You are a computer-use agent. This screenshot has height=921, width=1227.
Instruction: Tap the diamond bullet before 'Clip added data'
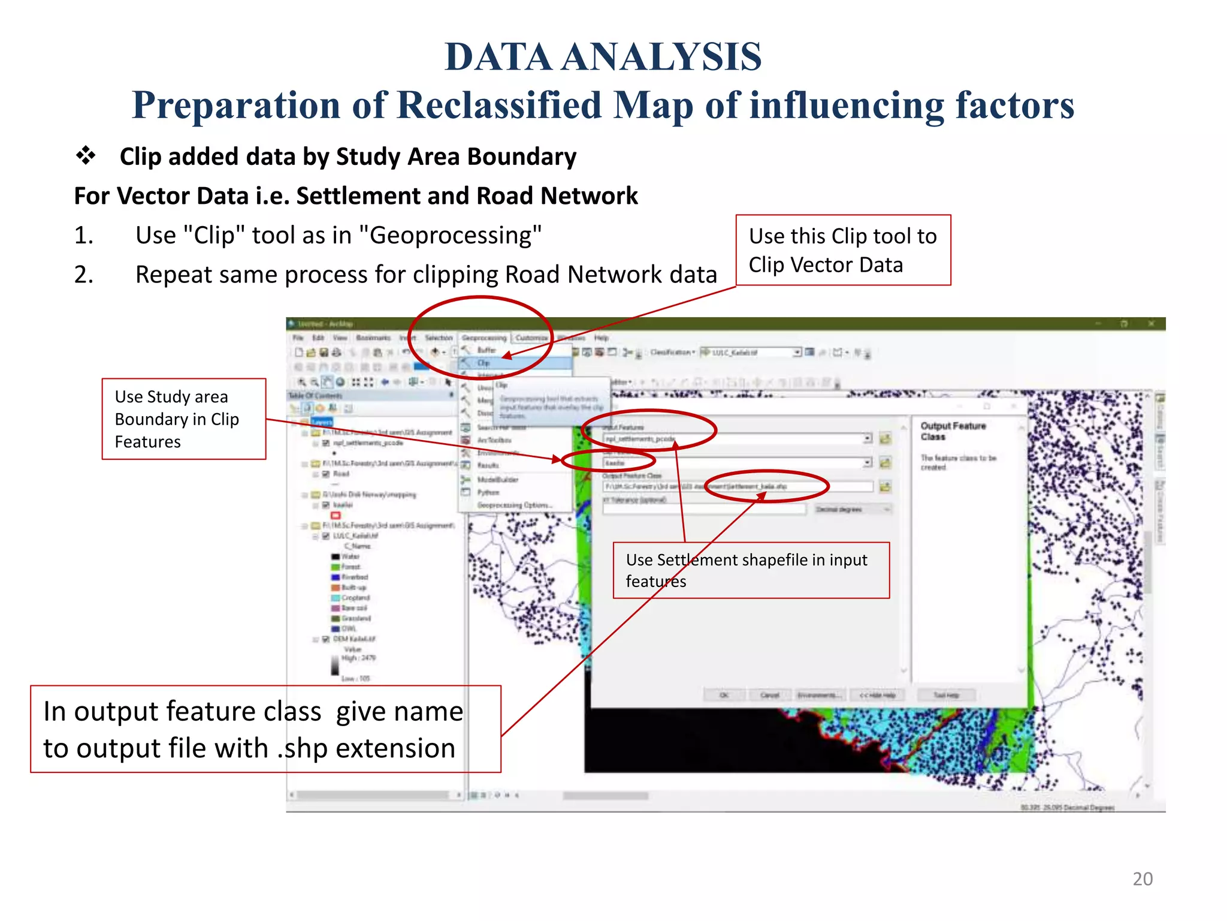86,155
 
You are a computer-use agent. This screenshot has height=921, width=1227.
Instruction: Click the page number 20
1142,878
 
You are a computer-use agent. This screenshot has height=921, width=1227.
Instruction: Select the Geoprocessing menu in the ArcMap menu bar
483,338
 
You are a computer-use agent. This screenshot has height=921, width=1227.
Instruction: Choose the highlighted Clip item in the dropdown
484,363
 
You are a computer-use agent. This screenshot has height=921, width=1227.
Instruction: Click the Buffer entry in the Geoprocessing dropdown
486,350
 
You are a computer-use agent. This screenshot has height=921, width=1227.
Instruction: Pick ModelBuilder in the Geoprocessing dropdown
497,480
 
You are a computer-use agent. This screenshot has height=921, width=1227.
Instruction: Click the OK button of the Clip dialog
724,695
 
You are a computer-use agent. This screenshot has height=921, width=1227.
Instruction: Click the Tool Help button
946,695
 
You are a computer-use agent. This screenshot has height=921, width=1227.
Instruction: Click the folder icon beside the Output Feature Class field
885,487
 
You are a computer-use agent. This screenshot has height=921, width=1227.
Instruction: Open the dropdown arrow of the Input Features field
867,439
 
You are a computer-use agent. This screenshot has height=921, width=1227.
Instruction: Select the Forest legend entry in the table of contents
350,567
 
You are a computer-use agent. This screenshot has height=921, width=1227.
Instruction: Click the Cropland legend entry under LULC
355,598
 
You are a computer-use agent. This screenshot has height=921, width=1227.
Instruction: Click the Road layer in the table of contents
341,474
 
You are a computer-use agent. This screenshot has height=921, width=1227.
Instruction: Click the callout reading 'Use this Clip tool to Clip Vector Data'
842,250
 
